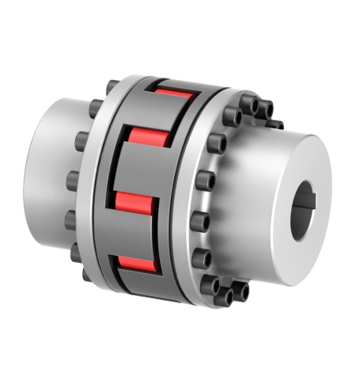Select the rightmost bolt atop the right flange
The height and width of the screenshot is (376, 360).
(278, 125)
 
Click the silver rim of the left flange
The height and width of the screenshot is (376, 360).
(99, 190)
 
